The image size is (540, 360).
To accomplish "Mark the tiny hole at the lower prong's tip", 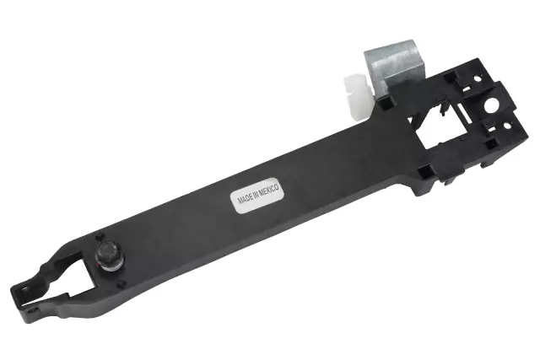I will (x=25, y=291).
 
